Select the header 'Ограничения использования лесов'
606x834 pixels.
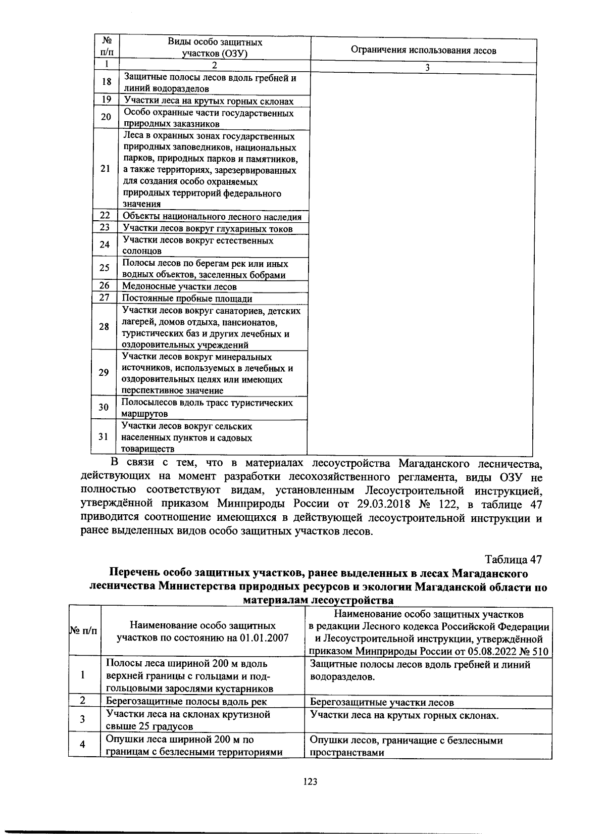[x=423, y=50]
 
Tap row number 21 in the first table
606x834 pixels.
[x=106, y=169]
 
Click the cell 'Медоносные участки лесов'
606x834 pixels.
[x=180, y=286]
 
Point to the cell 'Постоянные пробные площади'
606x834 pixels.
[x=187, y=298]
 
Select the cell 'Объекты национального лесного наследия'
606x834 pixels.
[x=212, y=217]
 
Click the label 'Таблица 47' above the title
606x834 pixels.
[x=513, y=560]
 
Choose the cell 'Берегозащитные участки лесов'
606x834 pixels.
[x=382, y=702]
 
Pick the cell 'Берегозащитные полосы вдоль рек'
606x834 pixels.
[x=186, y=701]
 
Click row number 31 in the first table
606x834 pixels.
[x=104, y=437]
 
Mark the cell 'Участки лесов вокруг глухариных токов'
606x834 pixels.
[x=208, y=229]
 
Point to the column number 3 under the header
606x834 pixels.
[x=427, y=68]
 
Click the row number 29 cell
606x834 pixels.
[x=104, y=373]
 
